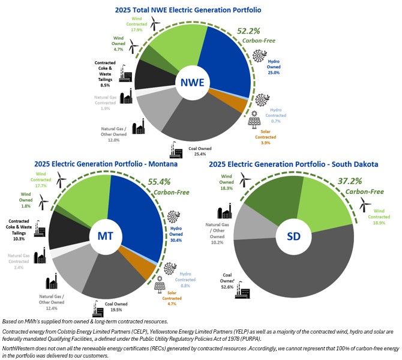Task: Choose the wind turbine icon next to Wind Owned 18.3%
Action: [244, 179]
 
